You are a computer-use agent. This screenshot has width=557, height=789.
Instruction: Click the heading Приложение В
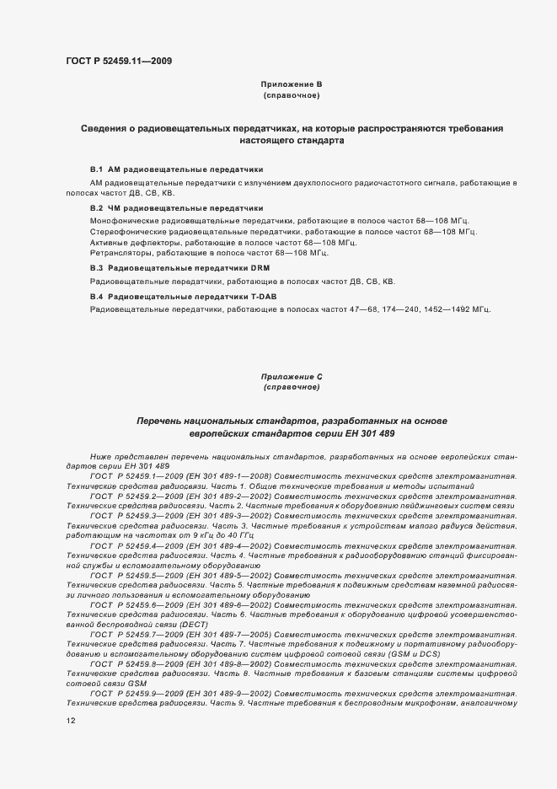point(291,84)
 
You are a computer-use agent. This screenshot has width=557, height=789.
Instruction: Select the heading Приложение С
point(291,377)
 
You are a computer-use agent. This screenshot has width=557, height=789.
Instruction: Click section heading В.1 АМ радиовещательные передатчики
point(177,169)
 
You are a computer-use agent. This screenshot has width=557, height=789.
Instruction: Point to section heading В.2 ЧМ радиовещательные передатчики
point(177,207)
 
